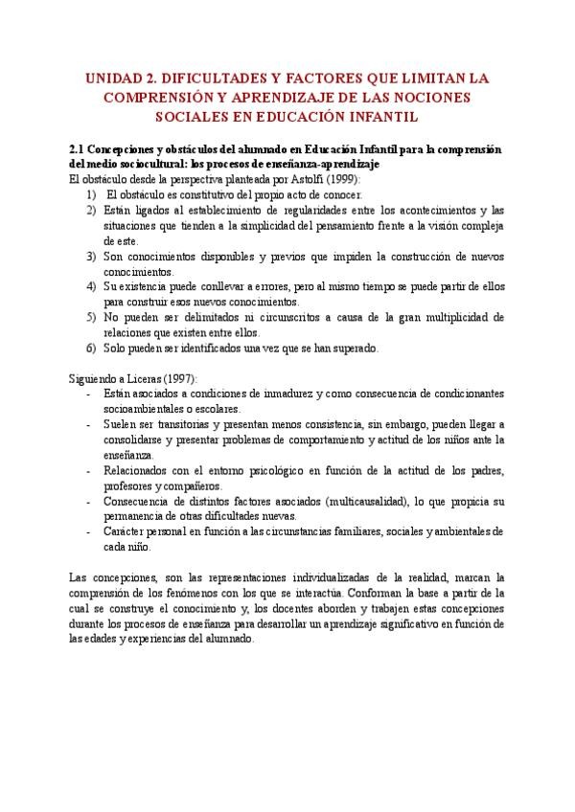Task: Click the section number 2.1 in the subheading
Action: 79,151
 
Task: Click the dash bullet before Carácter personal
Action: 89,531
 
